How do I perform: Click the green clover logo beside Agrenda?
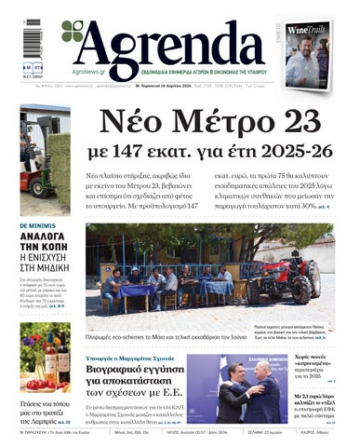(73, 33)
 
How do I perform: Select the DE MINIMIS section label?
(36, 226)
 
